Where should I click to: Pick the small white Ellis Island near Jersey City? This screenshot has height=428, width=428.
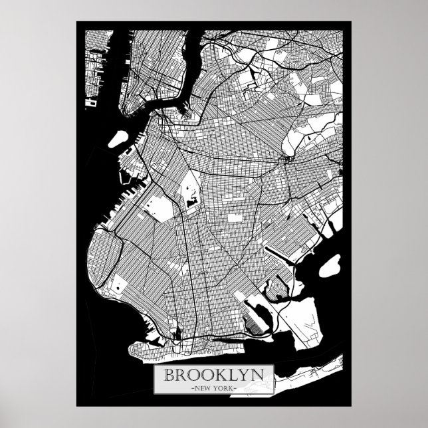pos(88,103)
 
